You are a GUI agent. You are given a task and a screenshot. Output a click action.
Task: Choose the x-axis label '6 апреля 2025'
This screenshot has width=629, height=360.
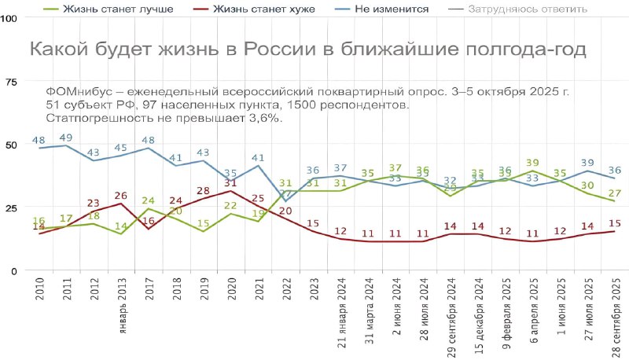[x=532, y=309]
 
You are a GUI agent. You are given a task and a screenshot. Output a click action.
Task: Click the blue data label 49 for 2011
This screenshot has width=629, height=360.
[x=66, y=138]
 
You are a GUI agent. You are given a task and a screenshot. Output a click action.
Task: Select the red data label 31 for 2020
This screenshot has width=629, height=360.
[x=230, y=183]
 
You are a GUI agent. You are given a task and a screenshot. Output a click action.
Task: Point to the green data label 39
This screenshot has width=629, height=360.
[x=532, y=163]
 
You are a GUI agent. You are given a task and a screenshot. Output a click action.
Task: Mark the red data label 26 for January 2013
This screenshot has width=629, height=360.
[x=121, y=196]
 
